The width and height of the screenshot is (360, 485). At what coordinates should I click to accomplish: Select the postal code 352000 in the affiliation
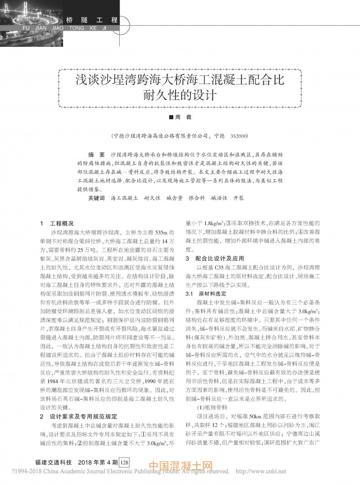pyautogui.click(x=240, y=135)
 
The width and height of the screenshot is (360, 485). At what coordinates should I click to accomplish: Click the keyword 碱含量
pyautogui.click(x=174, y=198)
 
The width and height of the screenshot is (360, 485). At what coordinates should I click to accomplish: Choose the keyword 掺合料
pyautogui.click(x=197, y=198)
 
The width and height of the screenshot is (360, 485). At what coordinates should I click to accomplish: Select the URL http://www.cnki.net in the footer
pyautogui.click(x=261, y=472)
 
